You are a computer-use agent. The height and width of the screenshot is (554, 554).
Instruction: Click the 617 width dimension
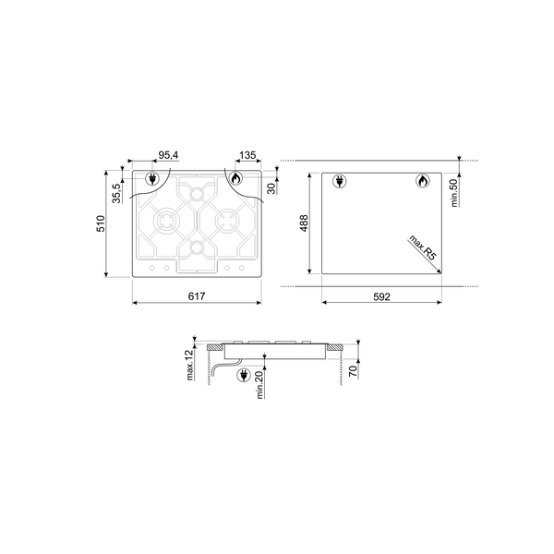coord(195,295)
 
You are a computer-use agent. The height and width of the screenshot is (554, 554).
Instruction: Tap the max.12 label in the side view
coord(189,367)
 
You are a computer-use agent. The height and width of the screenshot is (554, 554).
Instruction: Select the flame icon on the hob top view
coord(236,179)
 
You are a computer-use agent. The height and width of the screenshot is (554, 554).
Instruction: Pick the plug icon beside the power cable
coord(244,375)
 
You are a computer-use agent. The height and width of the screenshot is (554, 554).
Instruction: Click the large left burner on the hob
coord(166,223)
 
